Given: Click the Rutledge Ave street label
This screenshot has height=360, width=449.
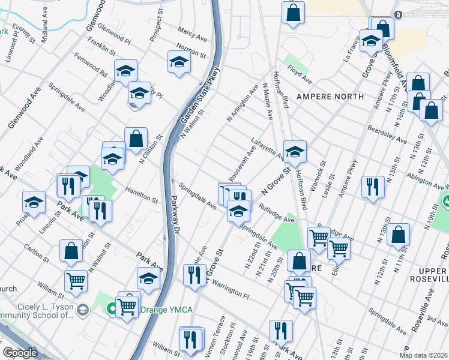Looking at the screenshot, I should (x=277, y=215).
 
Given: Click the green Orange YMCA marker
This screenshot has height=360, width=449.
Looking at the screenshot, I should (x=111, y=310).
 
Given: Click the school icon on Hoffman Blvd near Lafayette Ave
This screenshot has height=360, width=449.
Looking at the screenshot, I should (x=295, y=152).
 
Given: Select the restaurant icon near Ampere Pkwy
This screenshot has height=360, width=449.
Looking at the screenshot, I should (x=373, y=187).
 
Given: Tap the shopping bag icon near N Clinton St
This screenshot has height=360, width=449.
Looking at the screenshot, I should (x=136, y=139).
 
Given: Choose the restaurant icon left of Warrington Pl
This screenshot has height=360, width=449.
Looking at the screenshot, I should (x=193, y=275).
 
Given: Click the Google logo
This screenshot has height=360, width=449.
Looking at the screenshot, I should (x=20, y=353).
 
